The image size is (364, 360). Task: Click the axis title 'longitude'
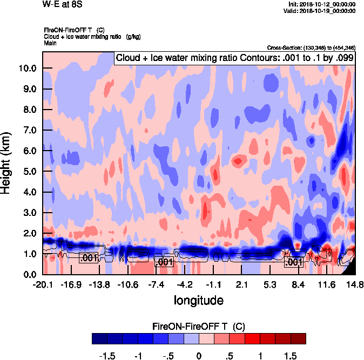click(x=198, y=300)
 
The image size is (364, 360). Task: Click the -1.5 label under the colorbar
click(x=107, y=356)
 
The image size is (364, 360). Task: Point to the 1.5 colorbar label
click(x=291, y=356)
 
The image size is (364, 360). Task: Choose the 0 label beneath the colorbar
click(x=199, y=356)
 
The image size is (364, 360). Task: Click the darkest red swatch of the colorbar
click(x=299, y=338)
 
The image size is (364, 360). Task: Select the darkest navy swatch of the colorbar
click(x=99, y=338)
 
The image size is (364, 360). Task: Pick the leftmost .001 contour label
click(x=88, y=258)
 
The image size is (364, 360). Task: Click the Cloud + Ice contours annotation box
click(x=234, y=58)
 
